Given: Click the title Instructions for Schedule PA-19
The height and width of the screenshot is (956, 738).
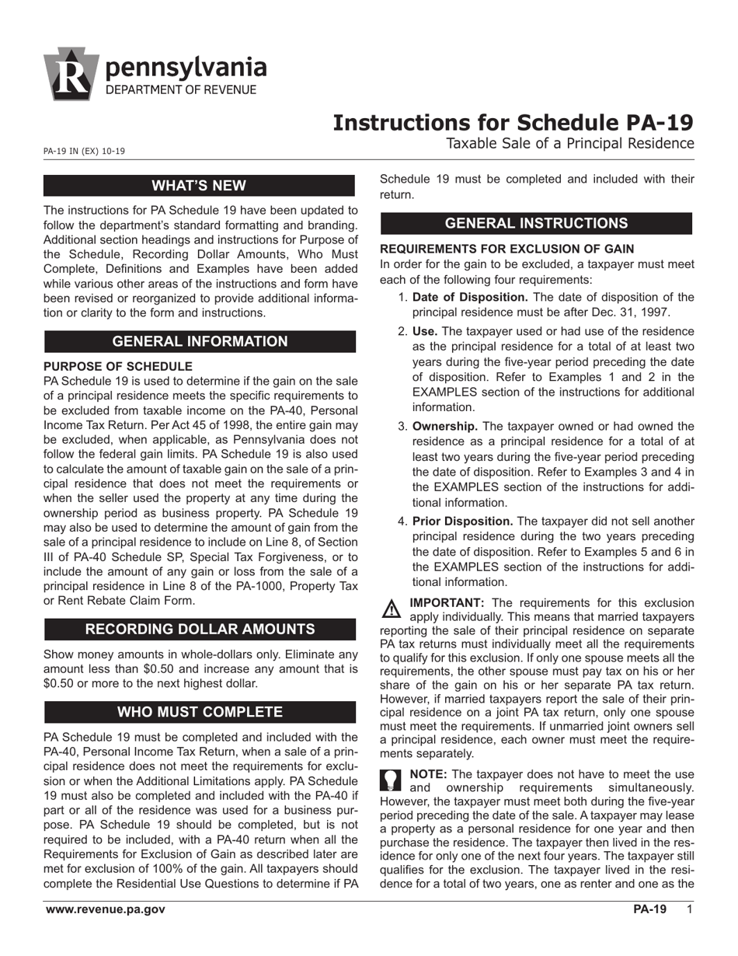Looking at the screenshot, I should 513,123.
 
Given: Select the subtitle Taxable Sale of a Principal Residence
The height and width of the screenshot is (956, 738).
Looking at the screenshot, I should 569,143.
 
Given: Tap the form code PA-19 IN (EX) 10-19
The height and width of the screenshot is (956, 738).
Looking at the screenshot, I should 84,151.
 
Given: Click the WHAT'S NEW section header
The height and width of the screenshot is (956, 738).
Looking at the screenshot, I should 199,185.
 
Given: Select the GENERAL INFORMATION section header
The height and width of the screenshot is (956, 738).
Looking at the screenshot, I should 200,341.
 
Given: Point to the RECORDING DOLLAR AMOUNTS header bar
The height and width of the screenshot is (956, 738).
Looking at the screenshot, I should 200,629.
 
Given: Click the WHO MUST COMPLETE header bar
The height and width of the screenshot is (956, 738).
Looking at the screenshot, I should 200,712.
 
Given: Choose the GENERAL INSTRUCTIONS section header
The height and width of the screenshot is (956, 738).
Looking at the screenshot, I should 536,223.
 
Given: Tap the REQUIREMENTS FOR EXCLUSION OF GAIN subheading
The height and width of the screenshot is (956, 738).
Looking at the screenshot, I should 507,249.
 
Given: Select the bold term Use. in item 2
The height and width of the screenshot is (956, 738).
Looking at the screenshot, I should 424,331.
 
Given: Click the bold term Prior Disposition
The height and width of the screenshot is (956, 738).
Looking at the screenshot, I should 462,521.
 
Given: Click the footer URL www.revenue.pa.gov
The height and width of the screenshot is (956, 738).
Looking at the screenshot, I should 105,910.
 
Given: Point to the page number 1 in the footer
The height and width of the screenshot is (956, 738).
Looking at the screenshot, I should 689,910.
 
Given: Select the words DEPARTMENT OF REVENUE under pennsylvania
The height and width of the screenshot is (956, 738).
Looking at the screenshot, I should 180,90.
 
